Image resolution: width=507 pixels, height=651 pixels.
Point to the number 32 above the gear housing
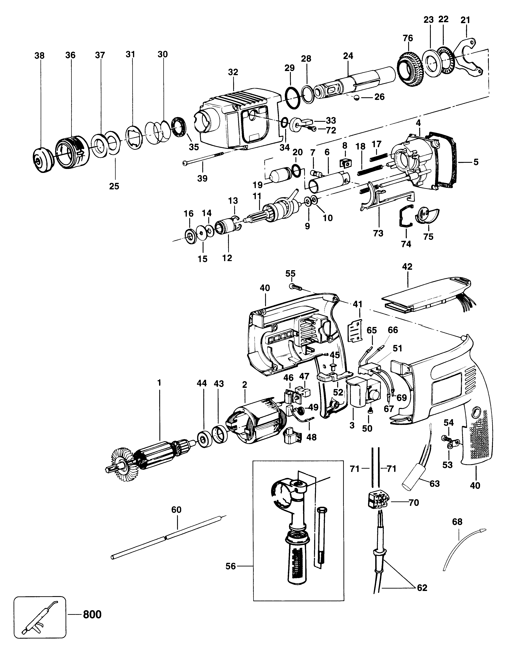tap(233, 72)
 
